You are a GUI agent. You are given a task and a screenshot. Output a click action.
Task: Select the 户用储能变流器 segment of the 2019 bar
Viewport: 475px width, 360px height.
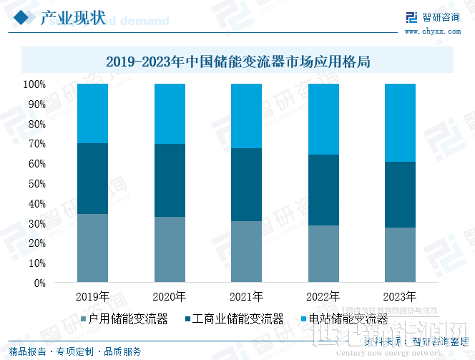pos(92,248)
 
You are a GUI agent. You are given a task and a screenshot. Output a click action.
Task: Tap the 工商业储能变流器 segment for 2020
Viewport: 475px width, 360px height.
pos(170,180)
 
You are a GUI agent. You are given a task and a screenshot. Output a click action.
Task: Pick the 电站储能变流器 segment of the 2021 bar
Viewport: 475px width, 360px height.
pos(246,116)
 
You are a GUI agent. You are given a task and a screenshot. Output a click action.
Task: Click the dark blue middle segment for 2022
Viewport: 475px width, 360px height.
pos(323,190)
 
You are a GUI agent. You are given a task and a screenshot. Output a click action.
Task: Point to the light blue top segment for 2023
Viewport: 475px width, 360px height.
pos(400,122)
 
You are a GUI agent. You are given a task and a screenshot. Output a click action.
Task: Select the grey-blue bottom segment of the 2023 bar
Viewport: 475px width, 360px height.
pos(400,255)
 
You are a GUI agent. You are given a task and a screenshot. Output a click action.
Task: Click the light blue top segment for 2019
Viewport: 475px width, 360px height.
pos(92,113)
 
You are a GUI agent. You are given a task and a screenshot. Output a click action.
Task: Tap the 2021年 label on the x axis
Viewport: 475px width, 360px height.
pos(246,296)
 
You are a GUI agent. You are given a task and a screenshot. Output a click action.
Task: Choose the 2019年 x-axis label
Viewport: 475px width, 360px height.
pos(92,296)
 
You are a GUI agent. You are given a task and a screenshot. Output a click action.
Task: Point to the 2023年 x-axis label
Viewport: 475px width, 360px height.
pos(400,296)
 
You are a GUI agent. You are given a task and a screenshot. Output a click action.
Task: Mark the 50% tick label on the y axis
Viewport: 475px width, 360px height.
pos(36,184)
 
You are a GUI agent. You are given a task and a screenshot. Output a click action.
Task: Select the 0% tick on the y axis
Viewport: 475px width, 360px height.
pos(39,283)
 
